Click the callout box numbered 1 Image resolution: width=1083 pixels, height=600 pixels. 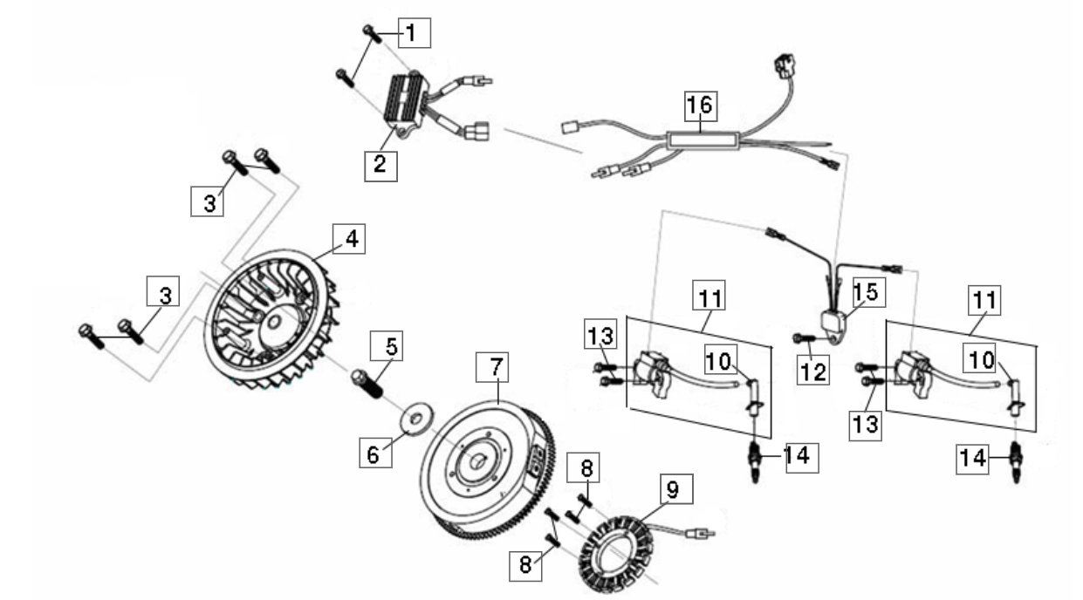[415, 33]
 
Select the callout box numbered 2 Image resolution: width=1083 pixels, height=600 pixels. [381, 167]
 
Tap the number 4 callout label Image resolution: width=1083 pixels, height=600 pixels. [349, 239]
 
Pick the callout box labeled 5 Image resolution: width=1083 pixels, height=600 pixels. [387, 346]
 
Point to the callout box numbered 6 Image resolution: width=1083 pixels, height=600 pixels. [375, 453]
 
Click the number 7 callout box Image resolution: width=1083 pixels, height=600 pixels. [492, 367]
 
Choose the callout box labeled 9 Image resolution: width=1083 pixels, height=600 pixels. [676, 489]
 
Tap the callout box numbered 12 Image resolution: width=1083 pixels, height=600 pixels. [813, 370]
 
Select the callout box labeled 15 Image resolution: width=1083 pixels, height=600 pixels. [869, 292]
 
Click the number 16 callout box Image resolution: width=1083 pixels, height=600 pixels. [701, 106]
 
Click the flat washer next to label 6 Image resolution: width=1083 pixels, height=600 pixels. [415, 418]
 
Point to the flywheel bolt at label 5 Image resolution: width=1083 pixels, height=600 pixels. [367, 383]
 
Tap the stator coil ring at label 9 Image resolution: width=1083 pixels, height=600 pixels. [617, 553]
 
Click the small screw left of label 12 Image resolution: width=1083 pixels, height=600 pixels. [804, 338]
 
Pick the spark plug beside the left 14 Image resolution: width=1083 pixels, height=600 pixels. [755, 460]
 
